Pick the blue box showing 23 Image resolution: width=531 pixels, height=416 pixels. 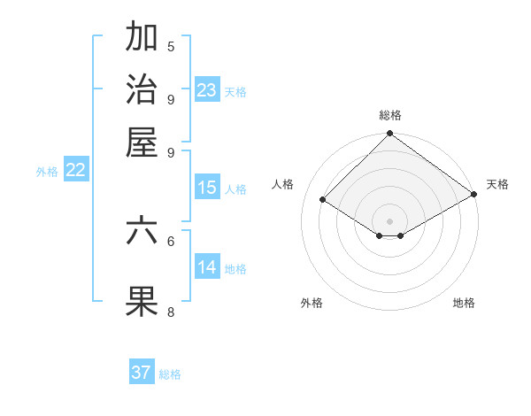pyautogui.click(x=207, y=90)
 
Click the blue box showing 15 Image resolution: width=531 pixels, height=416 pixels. pyautogui.click(x=207, y=188)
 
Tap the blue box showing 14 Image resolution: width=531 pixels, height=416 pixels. pyautogui.click(x=207, y=267)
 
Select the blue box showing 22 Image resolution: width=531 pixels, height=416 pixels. pyautogui.click(x=76, y=171)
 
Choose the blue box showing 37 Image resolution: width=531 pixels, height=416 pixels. pyautogui.click(x=142, y=373)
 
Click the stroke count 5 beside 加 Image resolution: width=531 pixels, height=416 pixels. pyautogui.click(x=171, y=46)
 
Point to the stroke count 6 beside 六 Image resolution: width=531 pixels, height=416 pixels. pyautogui.click(x=171, y=240)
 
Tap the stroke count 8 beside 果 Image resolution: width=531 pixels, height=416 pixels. pyautogui.click(x=171, y=312)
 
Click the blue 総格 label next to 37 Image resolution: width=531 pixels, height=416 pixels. pyautogui.click(x=170, y=374)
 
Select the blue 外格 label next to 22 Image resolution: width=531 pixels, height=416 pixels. pyautogui.click(x=47, y=173)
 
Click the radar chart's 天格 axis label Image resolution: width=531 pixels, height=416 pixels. pyautogui.click(x=497, y=184)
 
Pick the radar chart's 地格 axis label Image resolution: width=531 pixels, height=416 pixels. pyautogui.click(x=464, y=303)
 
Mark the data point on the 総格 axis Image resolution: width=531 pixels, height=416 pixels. pyautogui.click(x=389, y=135)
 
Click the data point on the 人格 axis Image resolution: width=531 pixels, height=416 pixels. pyautogui.click(x=323, y=200)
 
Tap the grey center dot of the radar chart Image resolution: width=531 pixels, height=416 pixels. pyautogui.click(x=389, y=220)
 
